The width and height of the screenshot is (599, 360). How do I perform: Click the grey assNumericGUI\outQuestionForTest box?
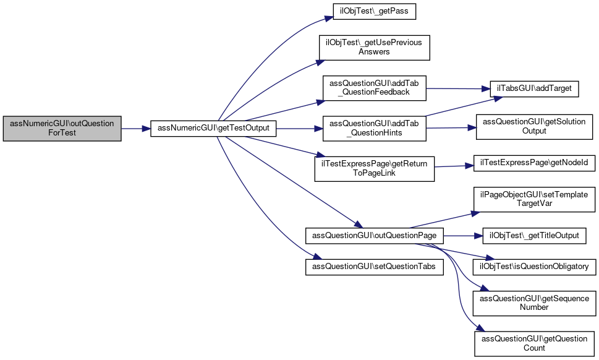[x=62, y=129]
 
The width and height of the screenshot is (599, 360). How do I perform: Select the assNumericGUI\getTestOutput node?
[x=213, y=129]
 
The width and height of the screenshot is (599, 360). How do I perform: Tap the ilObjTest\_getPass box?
[x=374, y=12]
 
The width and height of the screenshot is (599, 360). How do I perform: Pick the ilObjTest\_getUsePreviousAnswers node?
[x=374, y=47]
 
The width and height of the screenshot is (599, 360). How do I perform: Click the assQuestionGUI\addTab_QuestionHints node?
[x=374, y=129]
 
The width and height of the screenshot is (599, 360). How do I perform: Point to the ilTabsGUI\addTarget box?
[x=533, y=88]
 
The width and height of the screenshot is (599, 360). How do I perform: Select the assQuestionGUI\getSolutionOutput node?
[x=533, y=126]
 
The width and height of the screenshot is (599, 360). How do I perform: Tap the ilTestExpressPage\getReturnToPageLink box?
[x=374, y=169]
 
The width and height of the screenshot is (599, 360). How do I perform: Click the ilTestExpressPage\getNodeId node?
[x=533, y=163]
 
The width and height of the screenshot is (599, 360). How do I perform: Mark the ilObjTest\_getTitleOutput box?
[x=533, y=236]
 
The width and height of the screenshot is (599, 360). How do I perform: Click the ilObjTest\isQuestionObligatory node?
[x=533, y=267]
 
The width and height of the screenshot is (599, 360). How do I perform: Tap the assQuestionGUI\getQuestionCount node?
[x=533, y=343]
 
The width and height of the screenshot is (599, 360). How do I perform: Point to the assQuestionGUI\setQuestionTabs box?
[x=374, y=267]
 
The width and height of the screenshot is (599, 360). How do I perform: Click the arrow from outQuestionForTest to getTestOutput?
[x=136, y=129]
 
